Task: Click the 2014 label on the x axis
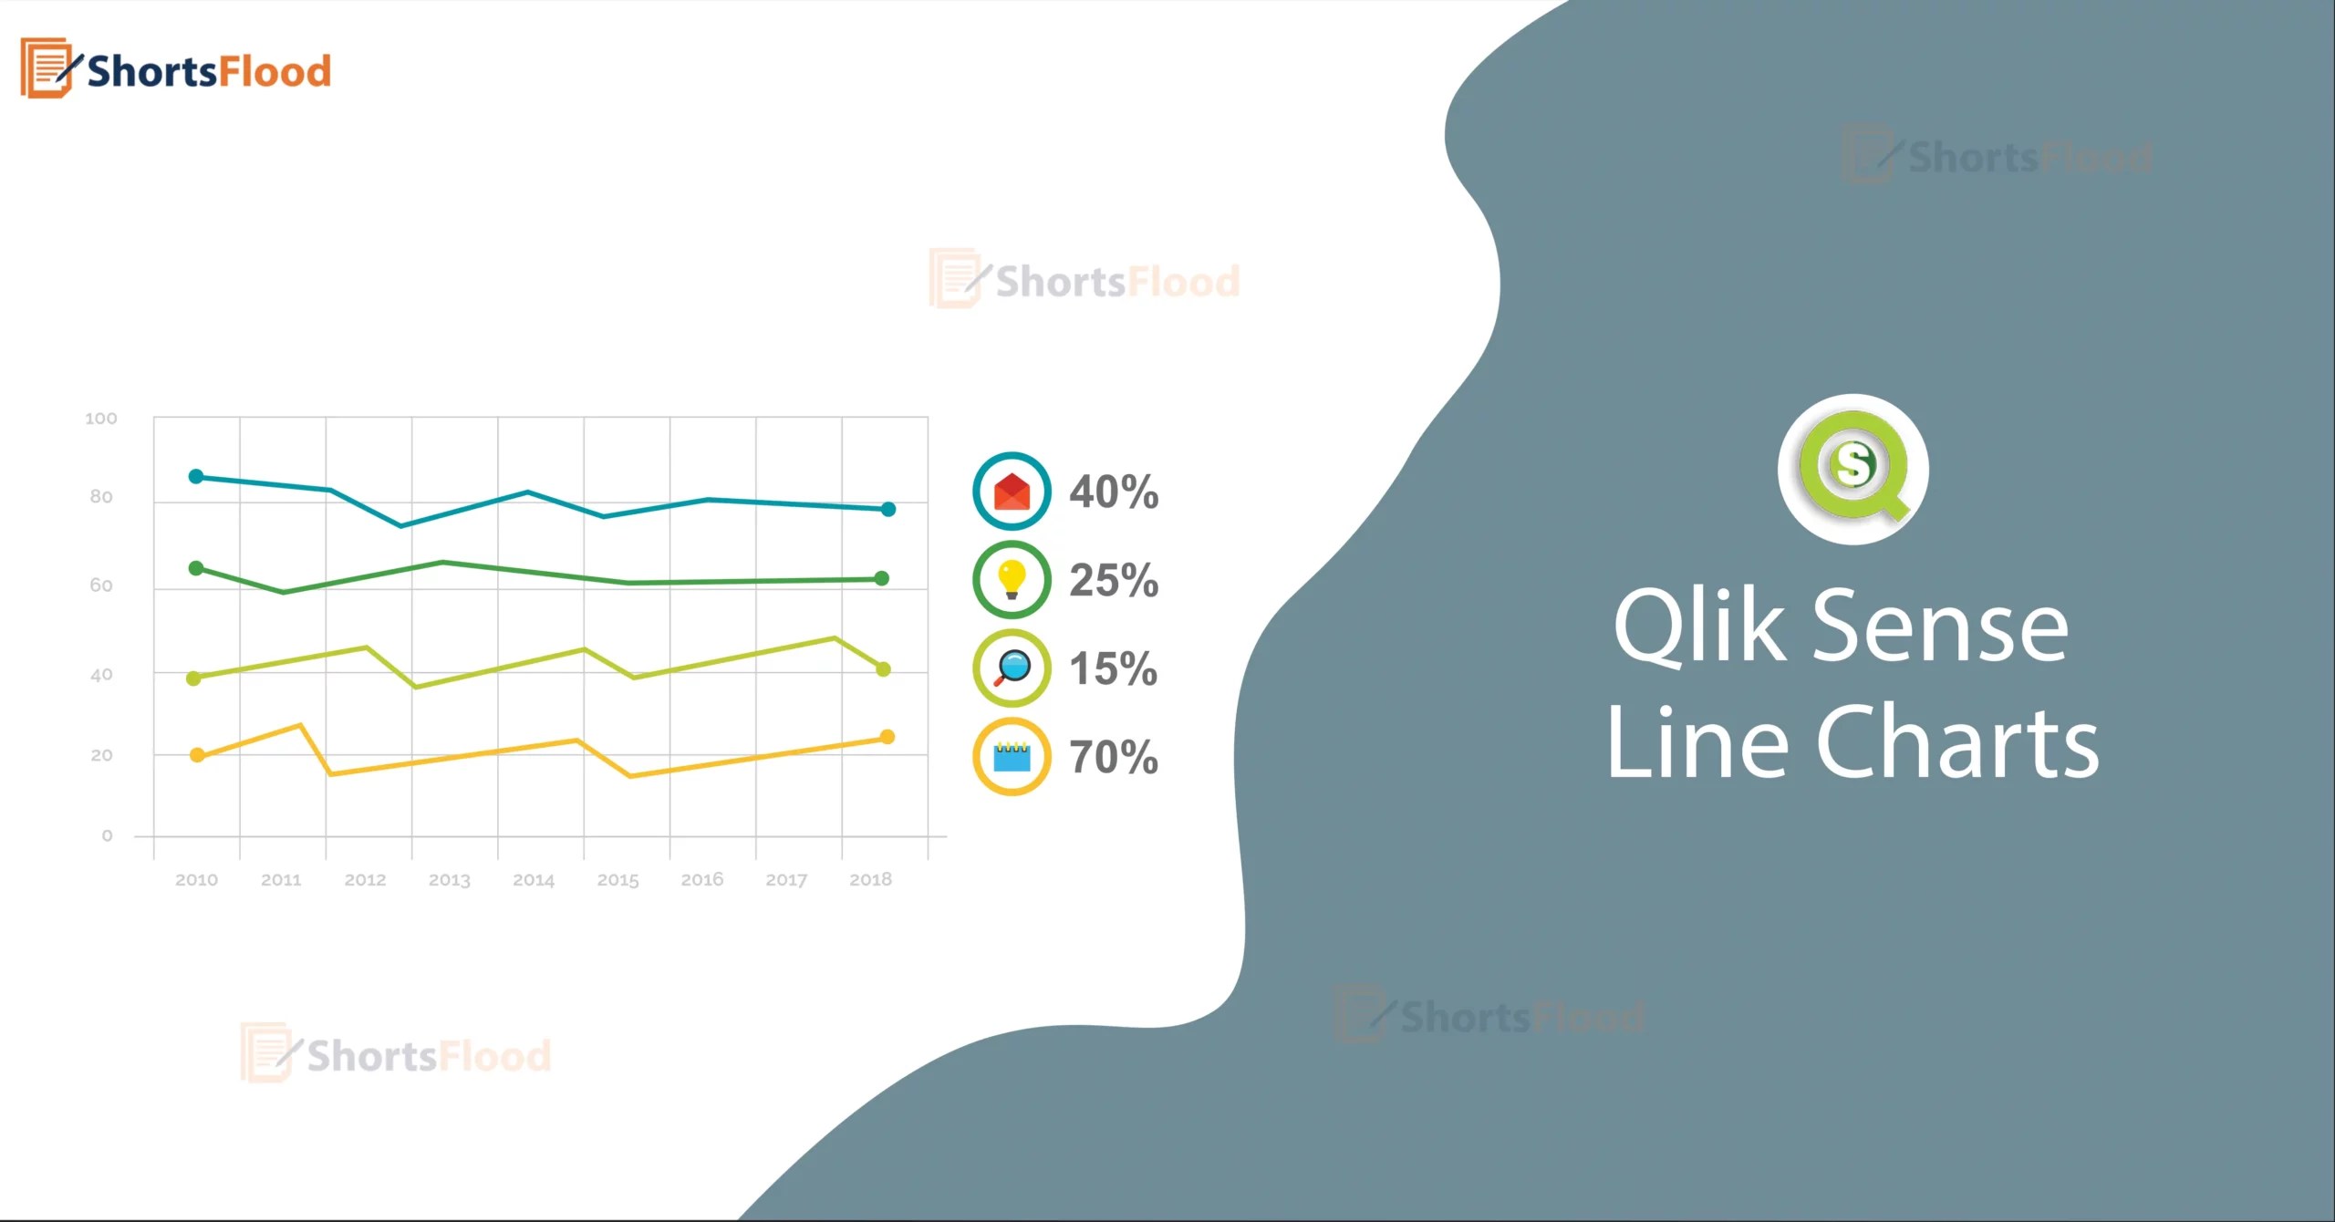[x=534, y=880]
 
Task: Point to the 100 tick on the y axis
[x=101, y=419]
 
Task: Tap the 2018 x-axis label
[x=870, y=880]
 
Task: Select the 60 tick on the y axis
[x=101, y=585]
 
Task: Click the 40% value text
[x=1114, y=492]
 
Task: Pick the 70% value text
[x=1114, y=757]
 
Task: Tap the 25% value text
[x=1114, y=580]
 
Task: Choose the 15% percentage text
[x=1114, y=668]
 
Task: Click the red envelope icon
[x=1012, y=492]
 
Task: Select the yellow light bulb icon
[x=1012, y=579]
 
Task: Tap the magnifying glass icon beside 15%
[x=1012, y=668]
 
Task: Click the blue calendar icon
[x=1012, y=757]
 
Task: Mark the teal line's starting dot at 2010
[x=196, y=477]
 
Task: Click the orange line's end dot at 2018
[x=887, y=737]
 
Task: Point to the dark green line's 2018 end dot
[x=881, y=578]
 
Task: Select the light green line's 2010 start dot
[x=193, y=678]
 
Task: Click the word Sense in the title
[x=1939, y=627]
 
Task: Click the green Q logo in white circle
[x=1852, y=469]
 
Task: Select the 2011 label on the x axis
[x=281, y=880]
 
